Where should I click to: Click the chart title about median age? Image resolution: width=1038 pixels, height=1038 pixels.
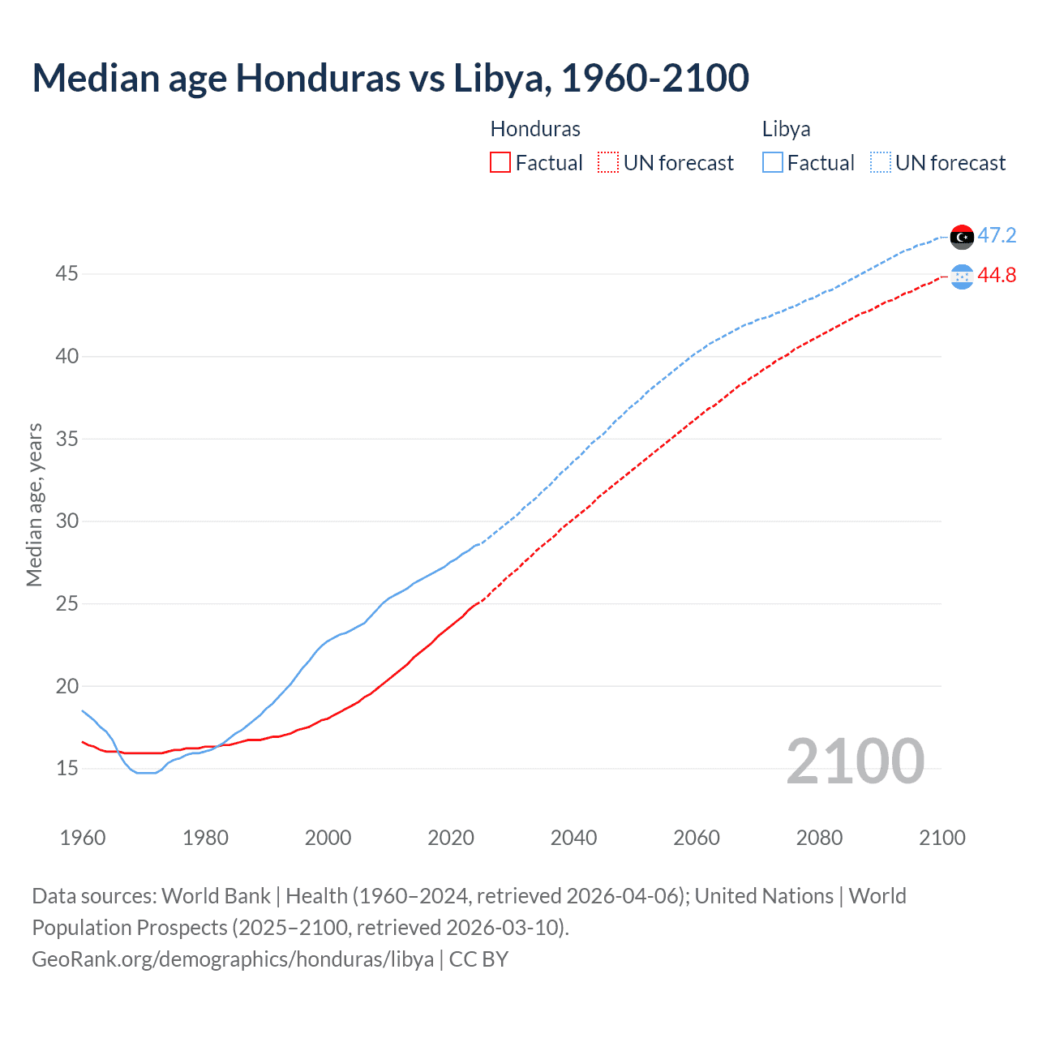tap(390, 78)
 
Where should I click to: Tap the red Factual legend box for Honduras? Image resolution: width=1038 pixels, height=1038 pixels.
tap(500, 163)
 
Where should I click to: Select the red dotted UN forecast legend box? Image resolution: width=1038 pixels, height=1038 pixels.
tap(608, 163)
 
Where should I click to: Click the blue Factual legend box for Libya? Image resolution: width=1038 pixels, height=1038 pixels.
tap(772, 163)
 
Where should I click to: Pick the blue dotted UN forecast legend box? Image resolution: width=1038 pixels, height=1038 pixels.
tap(880, 163)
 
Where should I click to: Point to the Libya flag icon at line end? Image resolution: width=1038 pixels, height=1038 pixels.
tap(961, 237)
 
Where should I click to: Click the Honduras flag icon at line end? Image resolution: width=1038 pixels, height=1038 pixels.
tap(961, 277)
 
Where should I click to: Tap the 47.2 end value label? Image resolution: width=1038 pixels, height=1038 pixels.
tap(997, 236)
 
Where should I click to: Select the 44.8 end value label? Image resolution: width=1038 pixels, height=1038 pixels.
tap(997, 276)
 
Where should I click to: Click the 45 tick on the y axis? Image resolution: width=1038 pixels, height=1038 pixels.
tap(66, 274)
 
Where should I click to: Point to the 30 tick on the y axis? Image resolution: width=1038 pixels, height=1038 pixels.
tap(66, 521)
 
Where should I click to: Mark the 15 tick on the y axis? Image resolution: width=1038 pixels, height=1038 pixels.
tap(66, 768)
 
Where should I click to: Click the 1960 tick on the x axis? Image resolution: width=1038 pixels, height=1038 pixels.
tap(83, 838)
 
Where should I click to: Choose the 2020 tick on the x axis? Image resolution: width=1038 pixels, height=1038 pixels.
tap(451, 838)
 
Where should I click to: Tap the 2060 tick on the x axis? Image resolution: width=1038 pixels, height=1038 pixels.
tap(697, 838)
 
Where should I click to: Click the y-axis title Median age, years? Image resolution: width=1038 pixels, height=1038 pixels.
tap(34, 504)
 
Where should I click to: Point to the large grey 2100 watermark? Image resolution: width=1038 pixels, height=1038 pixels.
tap(855, 761)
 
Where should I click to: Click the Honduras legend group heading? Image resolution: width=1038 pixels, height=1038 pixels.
tap(535, 129)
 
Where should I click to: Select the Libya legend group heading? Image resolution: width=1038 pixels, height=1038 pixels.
tap(786, 129)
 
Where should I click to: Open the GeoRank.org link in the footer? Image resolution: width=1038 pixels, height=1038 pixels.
tap(233, 959)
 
